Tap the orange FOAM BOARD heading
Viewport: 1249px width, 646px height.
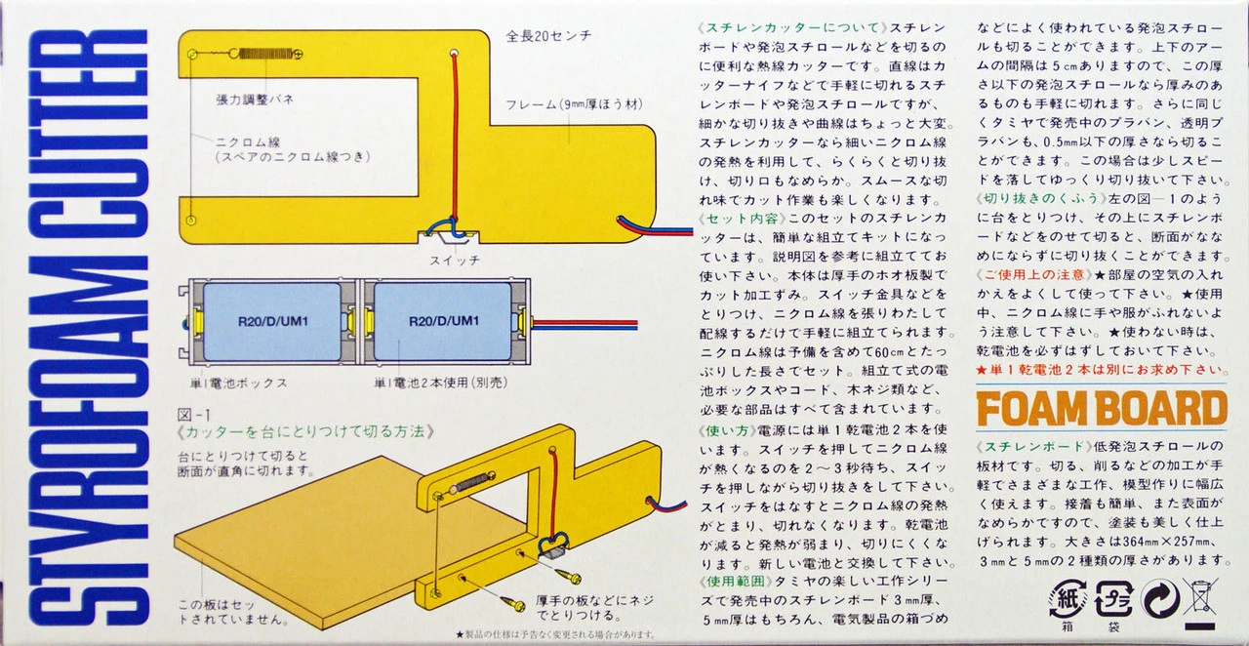pyautogui.click(x=1101, y=409)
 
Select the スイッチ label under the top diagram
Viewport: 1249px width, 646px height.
pyautogui.click(x=454, y=261)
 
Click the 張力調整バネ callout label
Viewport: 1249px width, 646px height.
pyautogui.click(x=255, y=100)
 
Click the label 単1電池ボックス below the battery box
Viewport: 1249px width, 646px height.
pyautogui.click(x=239, y=383)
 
